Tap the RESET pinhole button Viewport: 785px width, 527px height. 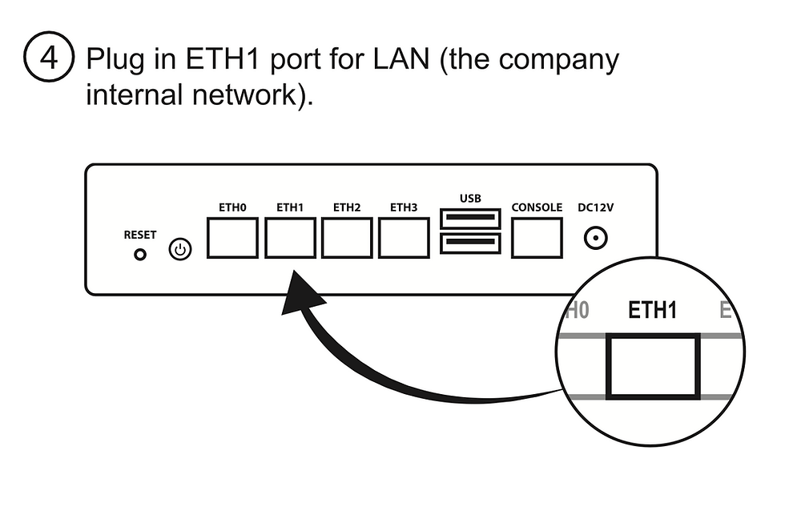[x=140, y=254]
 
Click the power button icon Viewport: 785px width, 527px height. [x=181, y=251]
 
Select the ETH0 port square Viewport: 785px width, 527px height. [x=232, y=238]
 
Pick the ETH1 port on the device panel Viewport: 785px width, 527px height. [x=290, y=238]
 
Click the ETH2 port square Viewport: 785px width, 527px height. [x=347, y=238]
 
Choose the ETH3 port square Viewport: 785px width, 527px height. [x=404, y=238]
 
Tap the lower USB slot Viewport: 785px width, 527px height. [x=469, y=244]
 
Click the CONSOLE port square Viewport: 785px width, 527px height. [x=537, y=238]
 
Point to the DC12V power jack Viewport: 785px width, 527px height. [x=595, y=238]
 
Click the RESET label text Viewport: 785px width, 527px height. [x=140, y=235]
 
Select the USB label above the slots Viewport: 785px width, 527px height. [x=470, y=197]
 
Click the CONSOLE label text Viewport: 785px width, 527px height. [x=537, y=207]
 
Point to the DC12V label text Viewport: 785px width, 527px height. [x=596, y=207]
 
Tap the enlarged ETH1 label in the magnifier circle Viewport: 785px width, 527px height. [x=652, y=311]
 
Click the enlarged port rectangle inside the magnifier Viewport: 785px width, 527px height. [x=653, y=367]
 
